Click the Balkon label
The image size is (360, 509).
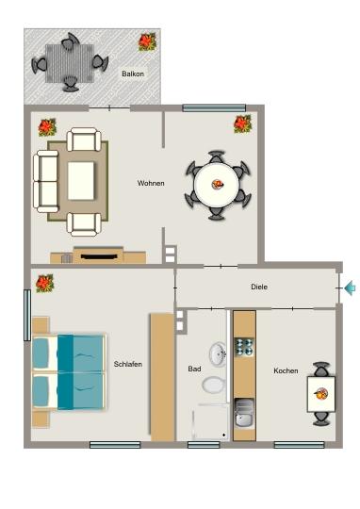tap(133, 73)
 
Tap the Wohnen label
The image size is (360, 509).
tap(150, 183)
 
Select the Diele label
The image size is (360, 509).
tap(260, 287)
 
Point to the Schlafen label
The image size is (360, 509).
tap(127, 365)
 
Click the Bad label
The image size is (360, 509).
tap(194, 369)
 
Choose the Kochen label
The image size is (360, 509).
tap(286, 370)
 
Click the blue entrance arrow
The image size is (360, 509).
tap(351, 288)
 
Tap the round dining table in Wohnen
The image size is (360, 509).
tap(218, 184)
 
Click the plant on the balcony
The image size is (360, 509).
tap(147, 41)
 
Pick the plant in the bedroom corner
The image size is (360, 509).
tap(44, 282)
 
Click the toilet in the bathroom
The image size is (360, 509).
tap(214, 385)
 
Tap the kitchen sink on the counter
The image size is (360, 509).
tap(244, 414)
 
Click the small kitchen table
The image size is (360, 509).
tap(320, 392)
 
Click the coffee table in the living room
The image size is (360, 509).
tap(81, 180)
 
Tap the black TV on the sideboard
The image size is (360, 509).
tap(99, 253)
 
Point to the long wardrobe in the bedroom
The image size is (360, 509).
tap(162, 377)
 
